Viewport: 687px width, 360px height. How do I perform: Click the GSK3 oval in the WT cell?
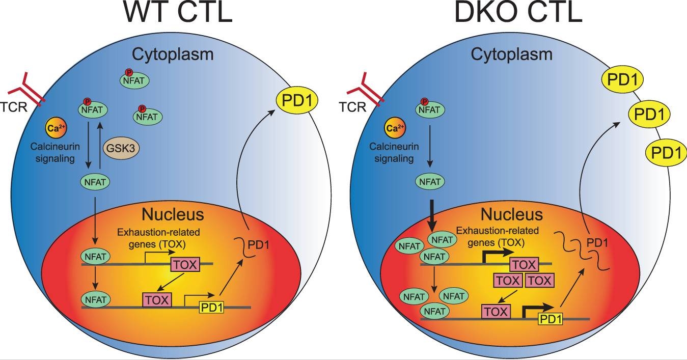click(121, 149)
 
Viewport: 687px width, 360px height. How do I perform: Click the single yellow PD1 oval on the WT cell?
click(297, 100)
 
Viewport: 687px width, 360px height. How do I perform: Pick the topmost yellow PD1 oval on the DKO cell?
click(623, 79)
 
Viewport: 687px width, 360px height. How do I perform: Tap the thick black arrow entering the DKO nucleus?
click(431, 216)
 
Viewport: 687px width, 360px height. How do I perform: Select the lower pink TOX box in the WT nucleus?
click(157, 300)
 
